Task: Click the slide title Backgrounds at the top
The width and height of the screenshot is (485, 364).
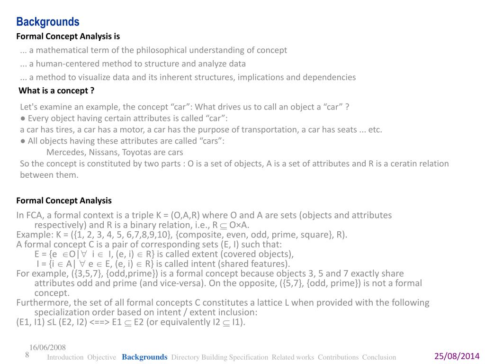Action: coord(48,22)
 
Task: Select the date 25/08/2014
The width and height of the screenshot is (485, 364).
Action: coord(457,356)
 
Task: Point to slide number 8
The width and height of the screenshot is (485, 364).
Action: coord(27,355)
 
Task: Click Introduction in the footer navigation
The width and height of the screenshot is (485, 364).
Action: coord(65,357)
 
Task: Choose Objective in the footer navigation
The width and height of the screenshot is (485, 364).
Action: coord(102,357)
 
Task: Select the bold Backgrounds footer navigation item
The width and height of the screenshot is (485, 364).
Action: coord(144,357)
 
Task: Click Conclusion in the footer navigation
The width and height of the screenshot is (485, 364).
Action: coord(379,357)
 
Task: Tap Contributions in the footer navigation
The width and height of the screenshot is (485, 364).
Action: coord(338,357)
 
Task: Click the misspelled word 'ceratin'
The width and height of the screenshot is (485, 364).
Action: coord(398,164)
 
